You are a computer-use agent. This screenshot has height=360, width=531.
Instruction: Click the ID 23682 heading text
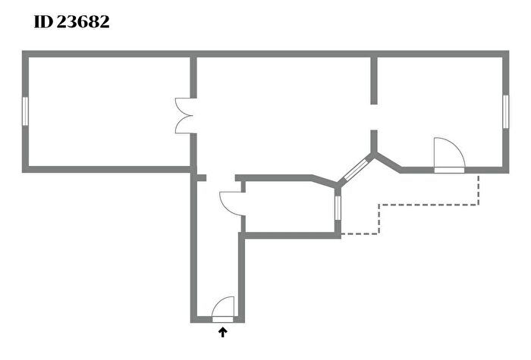[72, 22]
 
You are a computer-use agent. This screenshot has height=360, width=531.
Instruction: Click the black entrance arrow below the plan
[222, 332]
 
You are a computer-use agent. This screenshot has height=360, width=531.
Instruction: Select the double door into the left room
[184, 116]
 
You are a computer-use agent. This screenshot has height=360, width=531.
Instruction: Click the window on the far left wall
[25, 111]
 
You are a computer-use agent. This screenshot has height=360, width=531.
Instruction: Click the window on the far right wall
[506, 111]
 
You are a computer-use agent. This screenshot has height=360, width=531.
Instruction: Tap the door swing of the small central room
[231, 203]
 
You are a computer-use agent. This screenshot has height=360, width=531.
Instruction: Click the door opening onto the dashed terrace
[449, 155]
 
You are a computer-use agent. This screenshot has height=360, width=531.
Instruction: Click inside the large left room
[109, 111]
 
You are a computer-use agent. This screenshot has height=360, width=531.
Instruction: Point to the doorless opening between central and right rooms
[374, 117]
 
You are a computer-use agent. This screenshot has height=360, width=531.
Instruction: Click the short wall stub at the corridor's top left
[201, 177]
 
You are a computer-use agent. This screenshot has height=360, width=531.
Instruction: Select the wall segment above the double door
[193, 77]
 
